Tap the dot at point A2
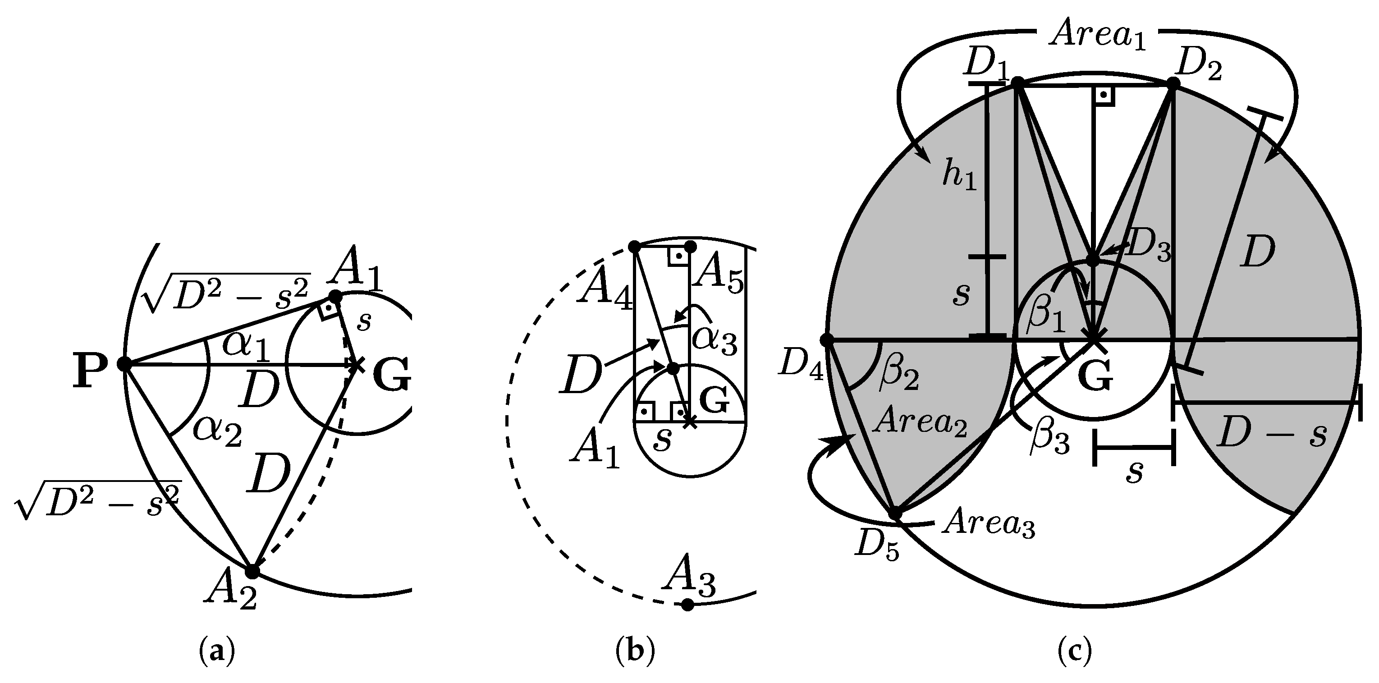[252, 571]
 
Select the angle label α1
[247, 344]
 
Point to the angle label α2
[217, 431]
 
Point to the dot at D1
[1017, 82]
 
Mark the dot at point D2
[1173, 83]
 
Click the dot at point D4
[827, 339]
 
